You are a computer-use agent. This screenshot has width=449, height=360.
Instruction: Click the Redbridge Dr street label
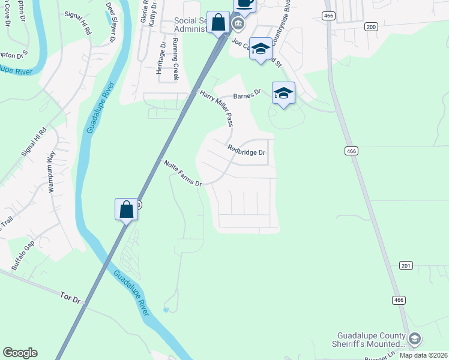tap(246, 150)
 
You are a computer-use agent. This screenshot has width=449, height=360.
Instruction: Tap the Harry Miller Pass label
tap(217, 109)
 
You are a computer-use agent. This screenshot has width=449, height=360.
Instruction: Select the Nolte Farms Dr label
tap(182, 173)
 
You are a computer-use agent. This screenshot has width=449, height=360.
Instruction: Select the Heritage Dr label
tap(160, 58)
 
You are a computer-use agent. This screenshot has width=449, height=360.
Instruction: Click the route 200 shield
tap(371, 26)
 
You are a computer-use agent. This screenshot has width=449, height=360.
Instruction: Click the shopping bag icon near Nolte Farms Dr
tap(126, 210)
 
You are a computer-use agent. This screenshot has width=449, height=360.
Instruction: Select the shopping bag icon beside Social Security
tap(219, 23)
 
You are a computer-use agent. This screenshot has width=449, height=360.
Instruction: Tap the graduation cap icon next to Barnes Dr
tap(283, 93)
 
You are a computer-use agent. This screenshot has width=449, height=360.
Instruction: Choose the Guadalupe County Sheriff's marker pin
tap(414, 339)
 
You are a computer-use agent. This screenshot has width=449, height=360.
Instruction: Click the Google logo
tap(20, 353)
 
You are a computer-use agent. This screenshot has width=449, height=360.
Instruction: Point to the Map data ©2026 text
tap(423, 355)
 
